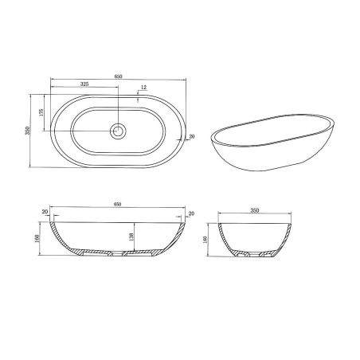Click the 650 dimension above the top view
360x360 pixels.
coord(118,76)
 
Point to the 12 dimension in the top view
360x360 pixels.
coord(143,87)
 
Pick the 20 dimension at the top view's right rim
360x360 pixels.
coord(191,137)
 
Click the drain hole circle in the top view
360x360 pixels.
coord(118,129)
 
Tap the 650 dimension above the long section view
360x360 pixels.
coord(118,205)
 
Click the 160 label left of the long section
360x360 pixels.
coord(37,237)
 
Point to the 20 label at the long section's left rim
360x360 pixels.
coord(45,212)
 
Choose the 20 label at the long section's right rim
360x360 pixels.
coord(191,212)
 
